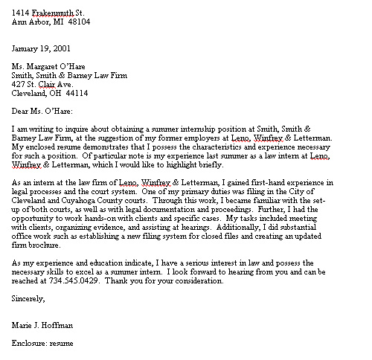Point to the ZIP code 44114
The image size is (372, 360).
coord(76,94)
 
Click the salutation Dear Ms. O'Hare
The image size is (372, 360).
coord(42,112)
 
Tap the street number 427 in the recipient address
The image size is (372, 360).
coord(19,85)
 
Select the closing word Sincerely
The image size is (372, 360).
coord(29,299)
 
